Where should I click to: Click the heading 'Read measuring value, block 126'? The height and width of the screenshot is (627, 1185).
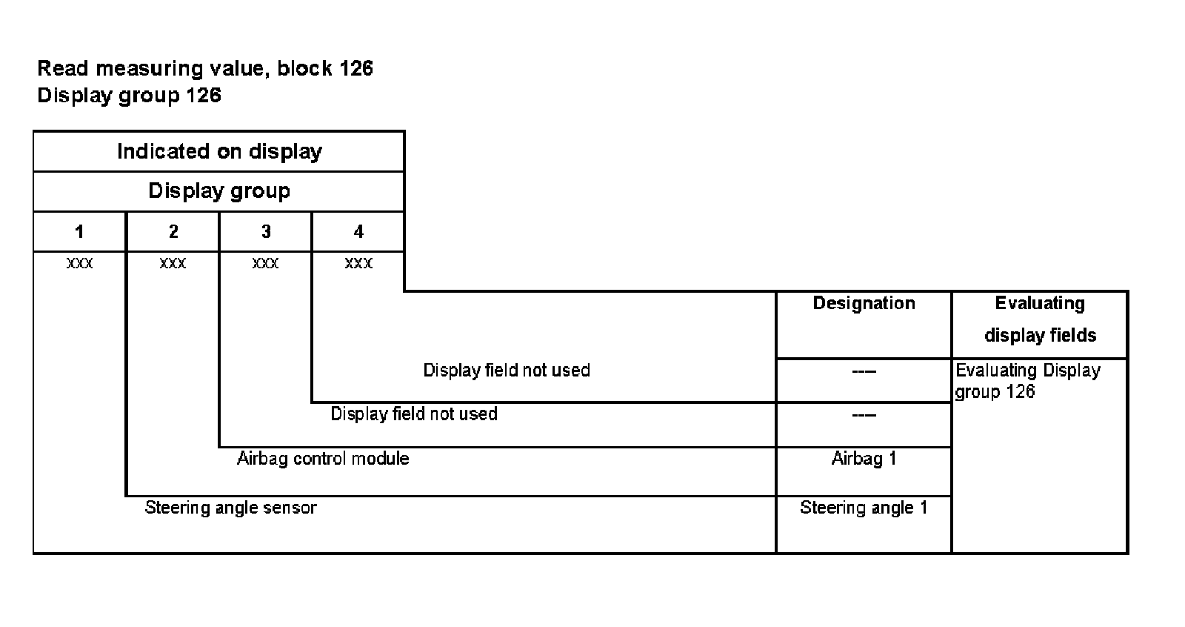[205, 69]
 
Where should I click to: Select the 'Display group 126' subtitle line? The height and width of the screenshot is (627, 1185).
[129, 96]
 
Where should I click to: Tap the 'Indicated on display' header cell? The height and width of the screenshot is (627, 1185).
[219, 152]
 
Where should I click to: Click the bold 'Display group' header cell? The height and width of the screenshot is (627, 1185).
[219, 191]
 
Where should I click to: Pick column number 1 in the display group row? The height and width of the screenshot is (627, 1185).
[79, 232]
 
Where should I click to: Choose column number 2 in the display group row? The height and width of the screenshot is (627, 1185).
[173, 232]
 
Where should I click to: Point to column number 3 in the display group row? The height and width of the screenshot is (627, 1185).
[266, 232]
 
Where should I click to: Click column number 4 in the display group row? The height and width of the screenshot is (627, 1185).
[358, 232]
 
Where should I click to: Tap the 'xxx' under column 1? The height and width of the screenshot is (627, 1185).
[79, 263]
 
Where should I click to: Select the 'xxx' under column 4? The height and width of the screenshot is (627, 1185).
[358, 263]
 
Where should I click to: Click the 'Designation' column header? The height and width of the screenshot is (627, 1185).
[864, 303]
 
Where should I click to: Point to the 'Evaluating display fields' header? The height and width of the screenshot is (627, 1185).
[1040, 319]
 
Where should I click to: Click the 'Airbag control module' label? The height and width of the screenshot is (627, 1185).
[323, 459]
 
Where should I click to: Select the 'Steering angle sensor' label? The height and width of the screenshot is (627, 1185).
[230, 508]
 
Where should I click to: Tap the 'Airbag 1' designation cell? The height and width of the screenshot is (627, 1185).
[864, 459]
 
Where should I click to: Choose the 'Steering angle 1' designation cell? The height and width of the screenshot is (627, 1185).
[864, 508]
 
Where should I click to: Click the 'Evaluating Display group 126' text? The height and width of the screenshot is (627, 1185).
[1028, 381]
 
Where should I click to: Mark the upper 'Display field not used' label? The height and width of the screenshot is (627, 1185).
[507, 371]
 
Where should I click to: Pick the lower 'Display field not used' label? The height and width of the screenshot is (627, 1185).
[414, 414]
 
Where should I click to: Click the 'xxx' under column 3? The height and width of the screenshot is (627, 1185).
[266, 263]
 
